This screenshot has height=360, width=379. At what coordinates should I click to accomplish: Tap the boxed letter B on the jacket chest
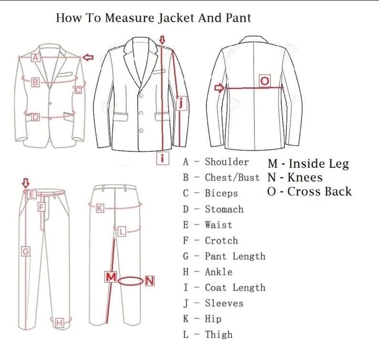pyautogui.click(x=34, y=83)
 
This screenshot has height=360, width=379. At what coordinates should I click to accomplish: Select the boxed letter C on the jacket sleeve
pyautogui.click(x=78, y=89)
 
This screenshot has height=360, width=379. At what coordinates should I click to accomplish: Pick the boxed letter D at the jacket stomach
pyautogui.click(x=35, y=117)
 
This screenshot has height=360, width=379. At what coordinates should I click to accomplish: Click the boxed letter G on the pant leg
pyautogui.click(x=26, y=251)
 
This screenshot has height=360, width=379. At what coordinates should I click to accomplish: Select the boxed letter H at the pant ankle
pyautogui.click(x=59, y=323)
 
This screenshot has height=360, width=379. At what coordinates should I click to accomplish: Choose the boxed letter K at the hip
pyautogui.click(x=100, y=208)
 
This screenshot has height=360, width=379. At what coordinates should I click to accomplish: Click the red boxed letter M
pyautogui.click(x=111, y=277)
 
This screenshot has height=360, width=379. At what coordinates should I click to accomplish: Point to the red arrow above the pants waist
pyautogui.click(x=26, y=183)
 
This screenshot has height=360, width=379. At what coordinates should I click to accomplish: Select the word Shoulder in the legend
pyautogui.click(x=227, y=162)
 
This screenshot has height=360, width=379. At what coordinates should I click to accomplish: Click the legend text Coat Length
pyautogui.click(x=235, y=288)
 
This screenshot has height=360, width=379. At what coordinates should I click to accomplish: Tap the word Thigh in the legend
pyautogui.click(x=219, y=335)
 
